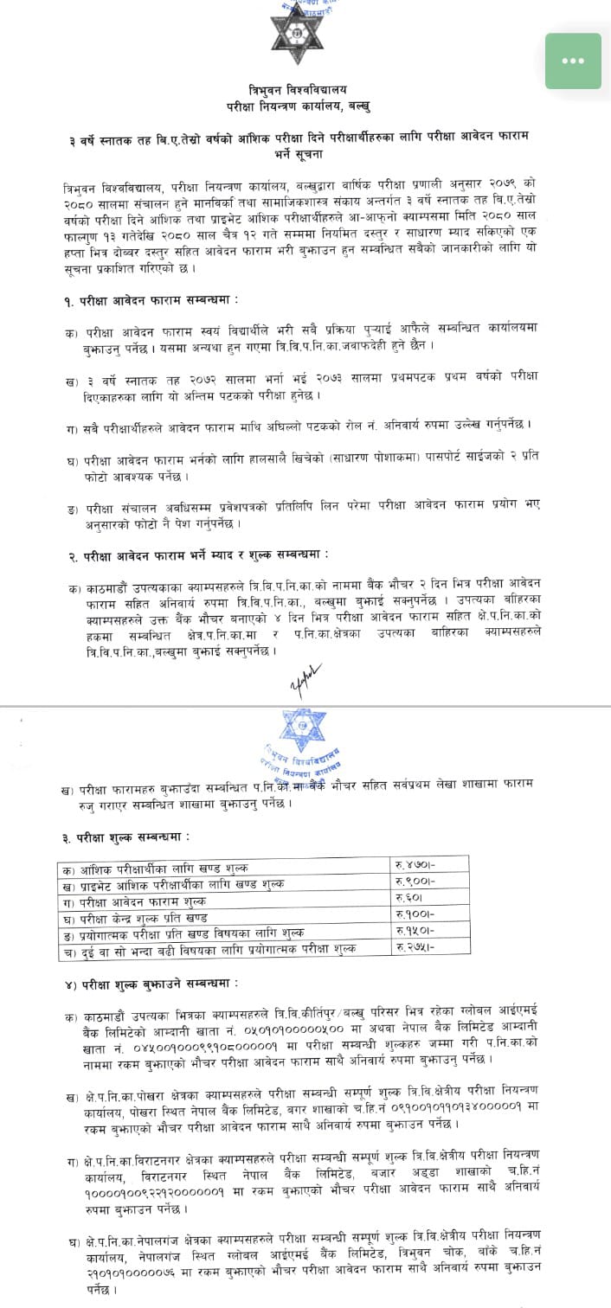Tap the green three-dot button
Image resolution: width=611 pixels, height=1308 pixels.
(573, 61)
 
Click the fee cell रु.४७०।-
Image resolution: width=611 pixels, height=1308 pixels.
(418, 866)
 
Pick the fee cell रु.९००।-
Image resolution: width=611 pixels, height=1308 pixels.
(418, 882)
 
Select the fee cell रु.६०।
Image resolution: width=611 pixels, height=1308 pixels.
(415, 899)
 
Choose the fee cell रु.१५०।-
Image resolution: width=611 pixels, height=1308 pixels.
(418, 931)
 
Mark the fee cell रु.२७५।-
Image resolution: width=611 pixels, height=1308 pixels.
(418, 947)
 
